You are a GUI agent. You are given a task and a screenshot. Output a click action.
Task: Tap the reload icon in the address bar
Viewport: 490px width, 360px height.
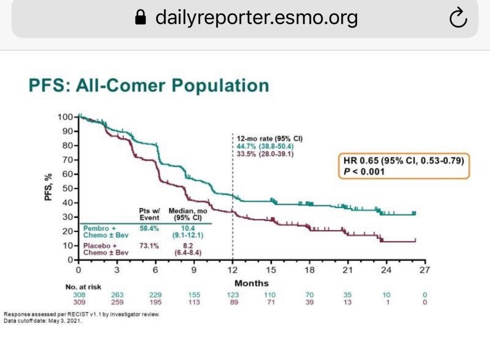458,18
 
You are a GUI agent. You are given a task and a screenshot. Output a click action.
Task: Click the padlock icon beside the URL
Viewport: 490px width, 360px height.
140,18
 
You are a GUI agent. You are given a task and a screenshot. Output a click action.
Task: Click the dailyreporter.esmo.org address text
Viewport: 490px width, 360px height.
256,18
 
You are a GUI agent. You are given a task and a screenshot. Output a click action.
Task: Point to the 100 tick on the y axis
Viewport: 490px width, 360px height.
65,117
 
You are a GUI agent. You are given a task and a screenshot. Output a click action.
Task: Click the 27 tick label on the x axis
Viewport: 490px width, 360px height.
424,270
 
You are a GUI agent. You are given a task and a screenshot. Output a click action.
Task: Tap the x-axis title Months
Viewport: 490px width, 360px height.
252,283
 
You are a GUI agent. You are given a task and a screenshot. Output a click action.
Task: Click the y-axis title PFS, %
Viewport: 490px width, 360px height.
48,187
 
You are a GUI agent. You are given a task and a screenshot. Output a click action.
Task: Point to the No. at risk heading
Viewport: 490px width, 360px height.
83,287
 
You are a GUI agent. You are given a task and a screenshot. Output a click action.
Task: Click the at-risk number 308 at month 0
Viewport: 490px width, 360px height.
78,295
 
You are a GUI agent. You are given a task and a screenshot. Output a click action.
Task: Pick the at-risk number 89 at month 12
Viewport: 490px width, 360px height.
233,302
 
